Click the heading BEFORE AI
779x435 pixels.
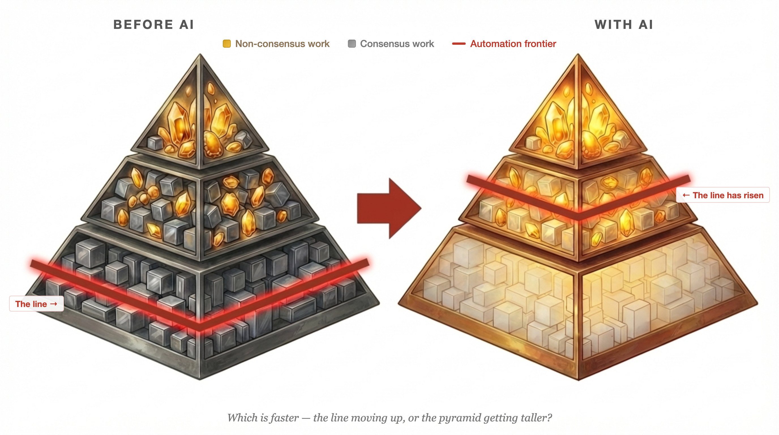pyautogui.click(x=153, y=25)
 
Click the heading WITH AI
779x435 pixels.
pyautogui.click(x=624, y=25)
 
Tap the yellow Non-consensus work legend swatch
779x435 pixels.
pyautogui.click(x=226, y=44)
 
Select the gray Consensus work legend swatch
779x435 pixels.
pyautogui.click(x=352, y=44)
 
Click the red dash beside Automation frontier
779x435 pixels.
pyautogui.click(x=459, y=44)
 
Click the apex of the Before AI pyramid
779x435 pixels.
pyautogui.click(x=200, y=55)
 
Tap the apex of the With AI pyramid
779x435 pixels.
pyautogui.click(x=578, y=55)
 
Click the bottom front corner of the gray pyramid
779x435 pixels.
pyautogui.click(x=200, y=379)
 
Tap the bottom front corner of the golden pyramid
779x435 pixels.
pyautogui.click(x=578, y=379)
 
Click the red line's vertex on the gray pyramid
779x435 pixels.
pyautogui.click(x=200, y=326)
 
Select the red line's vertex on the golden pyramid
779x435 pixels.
pyautogui.click(x=578, y=216)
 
